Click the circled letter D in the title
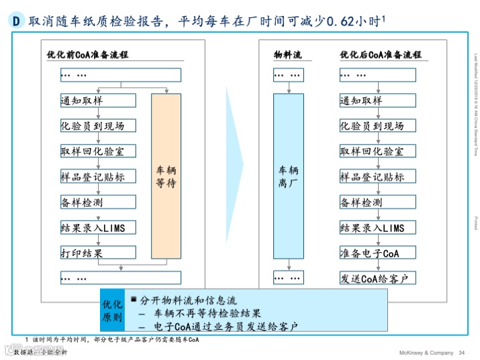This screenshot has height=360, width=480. [x=17, y=21]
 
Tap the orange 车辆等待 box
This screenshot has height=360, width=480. [x=166, y=176]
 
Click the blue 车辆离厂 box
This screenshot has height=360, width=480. [x=288, y=176]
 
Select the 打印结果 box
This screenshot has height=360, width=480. [x=97, y=253]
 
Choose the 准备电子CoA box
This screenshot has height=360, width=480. [x=377, y=253]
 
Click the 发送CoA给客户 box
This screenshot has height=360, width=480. [x=377, y=278]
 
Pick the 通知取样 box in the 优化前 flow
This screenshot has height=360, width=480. [x=97, y=101]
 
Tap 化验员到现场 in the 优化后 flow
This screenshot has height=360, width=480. [x=377, y=126]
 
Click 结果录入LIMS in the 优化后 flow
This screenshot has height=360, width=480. [x=377, y=227]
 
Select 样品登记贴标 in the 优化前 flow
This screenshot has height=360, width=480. [x=97, y=177]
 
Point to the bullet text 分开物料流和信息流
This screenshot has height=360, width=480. [x=189, y=301]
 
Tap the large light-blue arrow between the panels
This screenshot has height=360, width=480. [x=235, y=167]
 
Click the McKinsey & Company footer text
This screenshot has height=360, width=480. [x=425, y=353]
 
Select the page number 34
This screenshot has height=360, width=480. [x=461, y=353]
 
